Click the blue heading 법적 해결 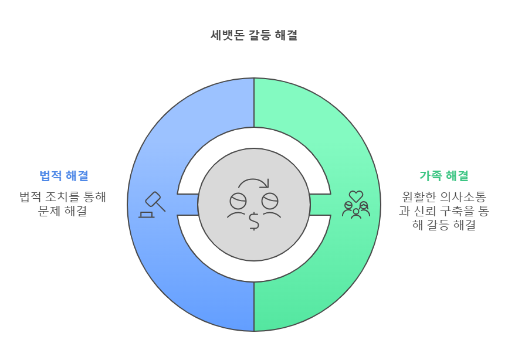point(64,175)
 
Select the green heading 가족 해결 point(443,175)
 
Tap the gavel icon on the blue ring point(154,201)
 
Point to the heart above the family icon point(356,196)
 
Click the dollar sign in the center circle point(254,221)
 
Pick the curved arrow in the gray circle point(253,184)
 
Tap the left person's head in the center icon point(238,201)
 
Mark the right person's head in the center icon point(270,201)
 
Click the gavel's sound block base point(146,215)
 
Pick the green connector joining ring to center point(320,204)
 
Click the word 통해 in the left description point(94,197)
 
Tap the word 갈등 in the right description point(438,225)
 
